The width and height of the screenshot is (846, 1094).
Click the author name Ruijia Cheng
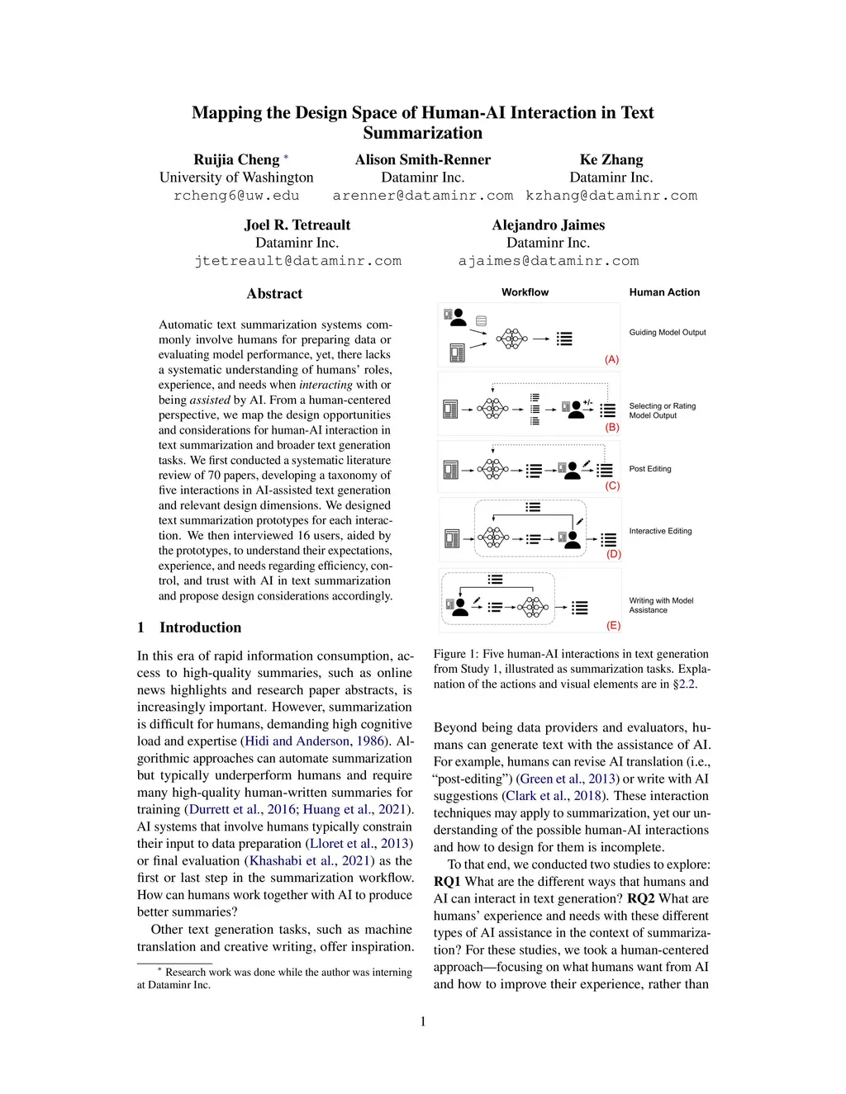point(236,160)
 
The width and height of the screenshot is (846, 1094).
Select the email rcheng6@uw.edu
point(236,197)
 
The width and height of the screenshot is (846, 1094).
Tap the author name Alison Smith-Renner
point(422,160)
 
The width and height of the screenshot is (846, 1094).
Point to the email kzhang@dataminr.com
point(611,197)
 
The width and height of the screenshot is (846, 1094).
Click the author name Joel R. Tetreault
point(297,225)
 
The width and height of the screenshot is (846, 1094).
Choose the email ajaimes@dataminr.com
point(549,262)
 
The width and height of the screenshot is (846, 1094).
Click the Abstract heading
point(274,294)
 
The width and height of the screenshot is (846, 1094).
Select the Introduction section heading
point(200,628)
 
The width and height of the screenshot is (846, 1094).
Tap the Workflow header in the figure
point(525,292)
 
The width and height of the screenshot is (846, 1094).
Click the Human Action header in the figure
point(664,292)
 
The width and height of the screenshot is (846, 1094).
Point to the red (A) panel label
point(611,360)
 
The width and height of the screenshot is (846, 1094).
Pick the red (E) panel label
point(613,626)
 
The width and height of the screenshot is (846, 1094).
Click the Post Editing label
point(650,469)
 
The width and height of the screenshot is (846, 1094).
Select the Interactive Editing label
point(660,532)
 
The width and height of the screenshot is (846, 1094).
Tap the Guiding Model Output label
point(668,333)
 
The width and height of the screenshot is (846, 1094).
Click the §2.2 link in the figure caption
point(684,684)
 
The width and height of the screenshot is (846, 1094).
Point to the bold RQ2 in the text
point(641,899)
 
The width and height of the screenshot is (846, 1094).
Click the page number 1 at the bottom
point(423,1022)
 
